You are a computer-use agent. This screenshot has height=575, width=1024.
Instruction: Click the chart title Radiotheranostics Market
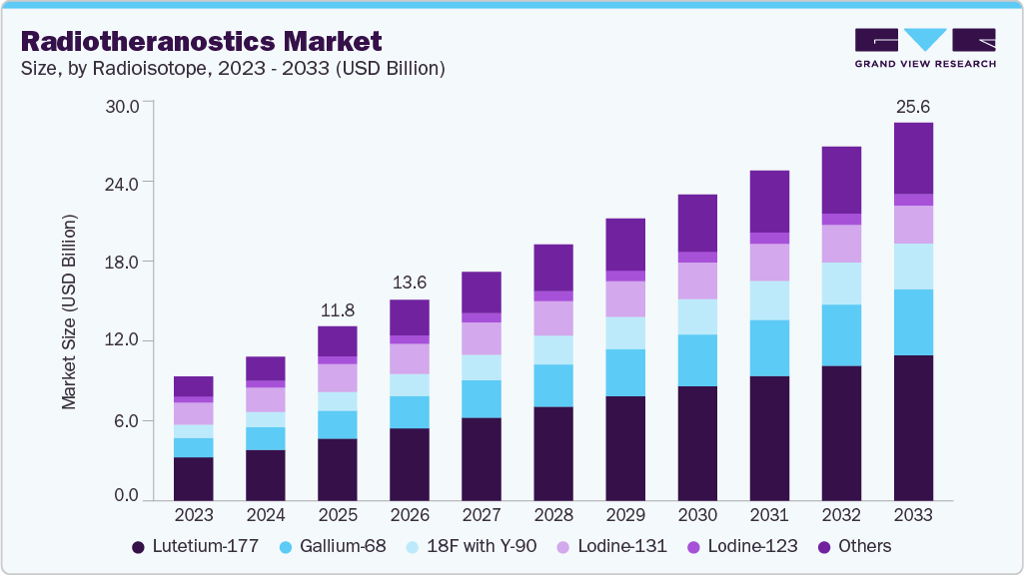201,41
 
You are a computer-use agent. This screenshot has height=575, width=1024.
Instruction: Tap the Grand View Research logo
924,47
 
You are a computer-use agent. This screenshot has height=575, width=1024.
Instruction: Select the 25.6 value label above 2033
912,106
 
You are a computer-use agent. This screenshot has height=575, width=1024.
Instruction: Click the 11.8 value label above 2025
337,309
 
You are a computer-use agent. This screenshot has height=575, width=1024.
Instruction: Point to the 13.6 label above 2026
409,283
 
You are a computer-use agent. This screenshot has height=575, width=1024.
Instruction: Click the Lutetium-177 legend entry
195,546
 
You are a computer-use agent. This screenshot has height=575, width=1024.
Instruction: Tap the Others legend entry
854,546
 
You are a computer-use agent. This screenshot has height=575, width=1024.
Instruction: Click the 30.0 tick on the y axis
127,104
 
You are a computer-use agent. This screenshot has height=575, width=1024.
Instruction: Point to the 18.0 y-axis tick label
127,262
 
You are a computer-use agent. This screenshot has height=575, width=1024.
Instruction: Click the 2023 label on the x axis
193,515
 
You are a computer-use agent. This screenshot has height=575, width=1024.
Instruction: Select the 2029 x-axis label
624,515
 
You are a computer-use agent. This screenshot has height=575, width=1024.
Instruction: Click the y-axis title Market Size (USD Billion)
70,311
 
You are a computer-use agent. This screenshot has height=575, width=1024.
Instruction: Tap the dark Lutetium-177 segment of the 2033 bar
912,427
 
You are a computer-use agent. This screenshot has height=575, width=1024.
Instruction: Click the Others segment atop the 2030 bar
696,223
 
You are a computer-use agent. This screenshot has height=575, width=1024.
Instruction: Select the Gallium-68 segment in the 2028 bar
552,385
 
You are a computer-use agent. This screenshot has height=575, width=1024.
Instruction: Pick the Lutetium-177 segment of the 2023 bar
193,478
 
